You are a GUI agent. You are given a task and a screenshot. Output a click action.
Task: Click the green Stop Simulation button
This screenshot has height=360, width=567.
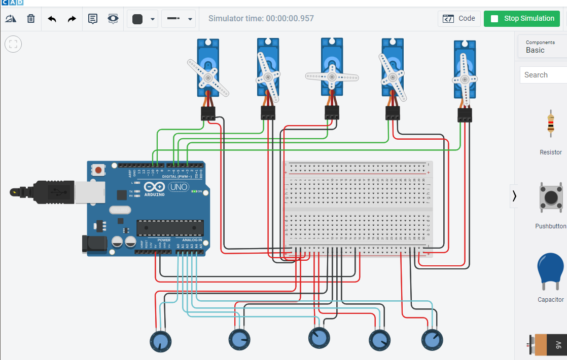point(521,19)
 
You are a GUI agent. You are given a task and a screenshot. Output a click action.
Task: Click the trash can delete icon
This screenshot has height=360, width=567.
point(31,19)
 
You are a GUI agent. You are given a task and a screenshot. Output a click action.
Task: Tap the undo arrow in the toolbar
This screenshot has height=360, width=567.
point(52,19)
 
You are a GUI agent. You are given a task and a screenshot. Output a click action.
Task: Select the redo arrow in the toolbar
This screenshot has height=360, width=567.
point(72,19)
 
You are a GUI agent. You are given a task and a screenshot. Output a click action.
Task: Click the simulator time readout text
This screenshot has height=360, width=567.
point(261,19)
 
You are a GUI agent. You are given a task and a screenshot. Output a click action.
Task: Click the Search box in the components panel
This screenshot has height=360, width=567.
point(543,75)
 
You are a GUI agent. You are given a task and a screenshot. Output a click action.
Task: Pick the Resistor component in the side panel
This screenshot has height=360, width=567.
point(550,124)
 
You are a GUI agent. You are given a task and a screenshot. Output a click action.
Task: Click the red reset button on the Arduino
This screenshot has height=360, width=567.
point(98,170)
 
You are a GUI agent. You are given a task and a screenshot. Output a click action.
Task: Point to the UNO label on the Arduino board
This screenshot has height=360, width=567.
point(178,187)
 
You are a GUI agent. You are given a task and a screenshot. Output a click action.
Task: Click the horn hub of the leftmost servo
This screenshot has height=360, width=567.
point(208,77)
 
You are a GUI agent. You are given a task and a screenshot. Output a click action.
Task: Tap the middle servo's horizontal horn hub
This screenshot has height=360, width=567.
point(332,77)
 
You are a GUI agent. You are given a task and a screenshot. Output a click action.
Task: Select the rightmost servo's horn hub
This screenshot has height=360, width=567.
point(465,79)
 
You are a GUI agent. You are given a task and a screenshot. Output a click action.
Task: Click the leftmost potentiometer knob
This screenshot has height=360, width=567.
point(161,341)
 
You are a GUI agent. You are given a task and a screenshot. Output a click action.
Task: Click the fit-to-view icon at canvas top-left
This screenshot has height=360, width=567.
point(13,44)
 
